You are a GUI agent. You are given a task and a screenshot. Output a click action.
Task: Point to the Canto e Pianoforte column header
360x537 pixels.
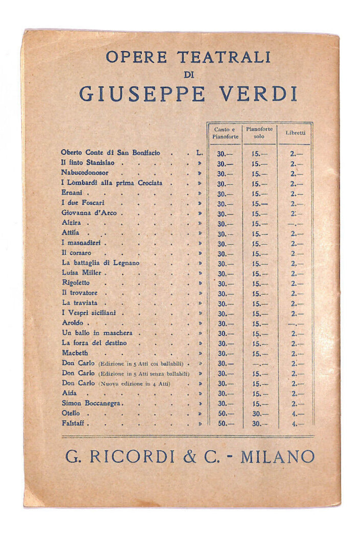click(225, 133)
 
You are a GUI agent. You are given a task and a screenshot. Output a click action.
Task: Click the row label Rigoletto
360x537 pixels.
click(76, 283)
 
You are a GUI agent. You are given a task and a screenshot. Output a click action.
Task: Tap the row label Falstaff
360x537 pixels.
click(75, 423)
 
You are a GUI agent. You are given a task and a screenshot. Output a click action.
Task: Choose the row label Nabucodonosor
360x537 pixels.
click(85, 173)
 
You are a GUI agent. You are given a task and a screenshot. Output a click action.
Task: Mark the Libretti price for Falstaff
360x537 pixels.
click(297, 423)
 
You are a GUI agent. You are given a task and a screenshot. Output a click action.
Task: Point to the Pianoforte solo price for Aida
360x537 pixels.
click(260, 394)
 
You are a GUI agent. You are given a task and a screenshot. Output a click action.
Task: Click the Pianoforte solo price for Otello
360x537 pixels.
click(260, 413)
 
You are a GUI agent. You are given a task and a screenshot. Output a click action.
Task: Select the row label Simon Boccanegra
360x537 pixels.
click(92, 403)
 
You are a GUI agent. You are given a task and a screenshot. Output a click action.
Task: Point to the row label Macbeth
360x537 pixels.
click(75, 353)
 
